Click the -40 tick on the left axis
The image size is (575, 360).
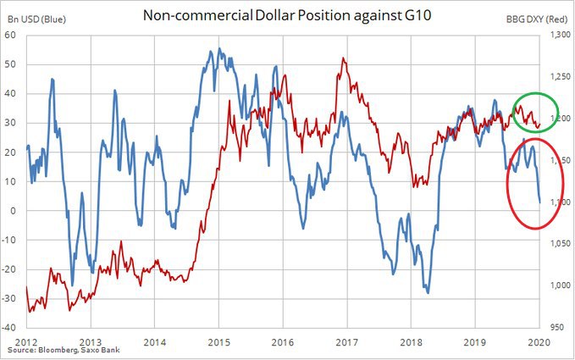[12, 327]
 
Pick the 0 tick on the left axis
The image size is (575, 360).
[16, 211]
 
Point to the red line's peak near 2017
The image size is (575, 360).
[343, 58]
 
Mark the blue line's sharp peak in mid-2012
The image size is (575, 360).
[53, 79]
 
